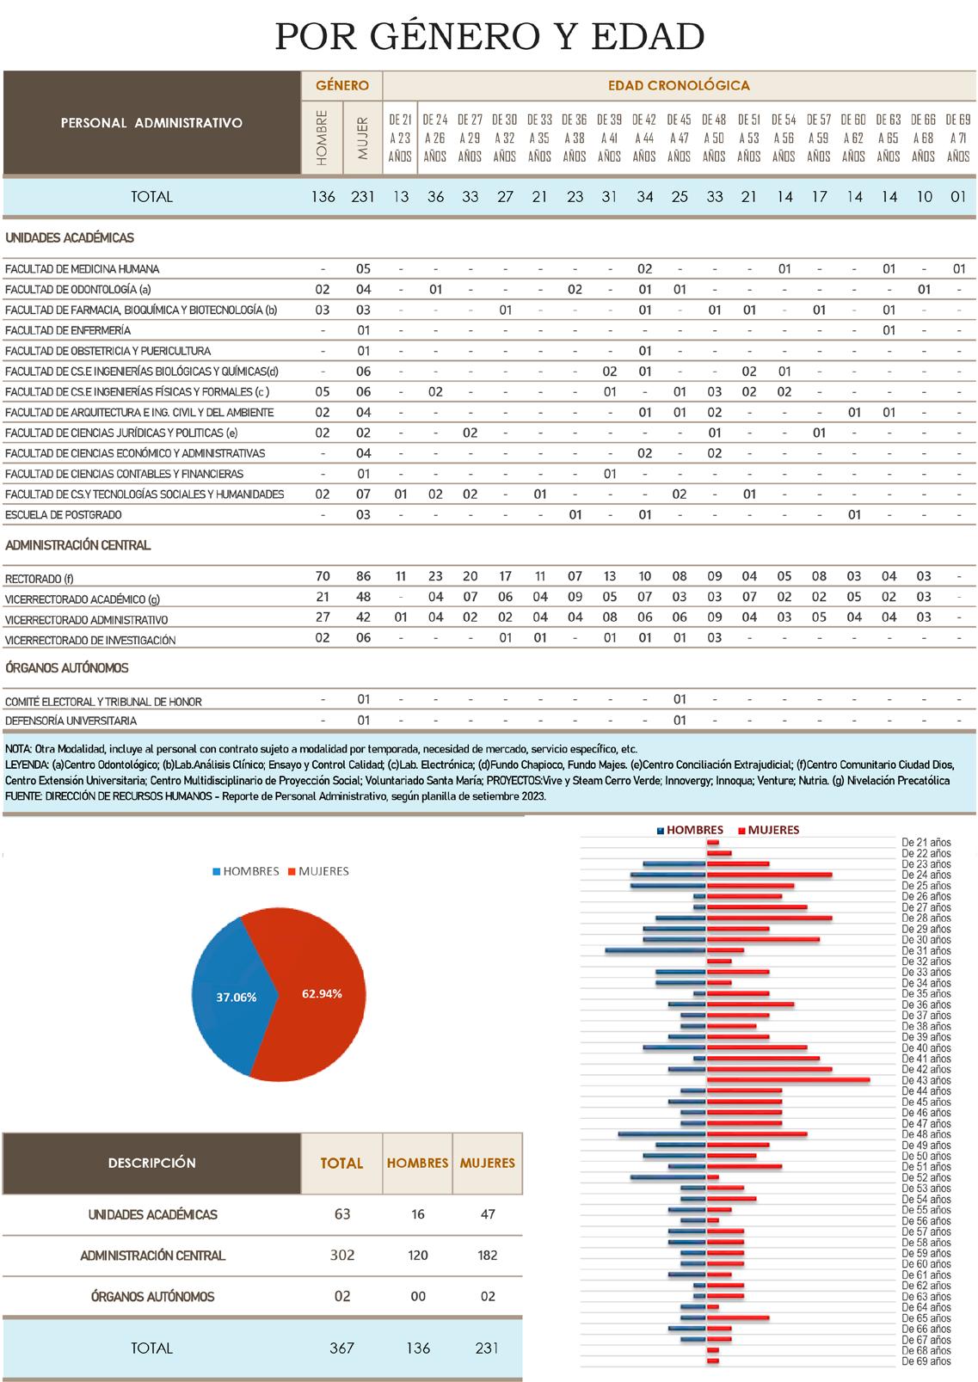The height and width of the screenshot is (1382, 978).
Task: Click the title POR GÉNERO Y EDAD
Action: click(489, 36)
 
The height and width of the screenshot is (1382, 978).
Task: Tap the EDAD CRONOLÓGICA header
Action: click(679, 85)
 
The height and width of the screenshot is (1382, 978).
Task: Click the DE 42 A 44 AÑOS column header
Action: click(644, 138)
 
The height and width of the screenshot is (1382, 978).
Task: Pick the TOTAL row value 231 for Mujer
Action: click(363, 197)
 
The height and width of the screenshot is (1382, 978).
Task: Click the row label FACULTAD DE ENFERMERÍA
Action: click(68, 331)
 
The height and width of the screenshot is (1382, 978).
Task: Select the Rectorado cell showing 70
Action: click(323, 576)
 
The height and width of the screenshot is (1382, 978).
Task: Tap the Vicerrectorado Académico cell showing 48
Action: click(363, 597)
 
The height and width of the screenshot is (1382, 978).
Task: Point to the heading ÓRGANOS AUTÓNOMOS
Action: click(66, 668)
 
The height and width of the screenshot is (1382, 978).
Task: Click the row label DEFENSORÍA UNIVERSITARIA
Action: click(71, 722)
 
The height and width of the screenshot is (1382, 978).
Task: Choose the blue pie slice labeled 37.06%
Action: click(228, 998)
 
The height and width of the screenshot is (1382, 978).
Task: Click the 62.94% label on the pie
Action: click(322, 994)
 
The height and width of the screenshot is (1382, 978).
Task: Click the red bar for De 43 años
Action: click(788, 1079)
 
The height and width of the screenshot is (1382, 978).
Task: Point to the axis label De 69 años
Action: click(926, 1361)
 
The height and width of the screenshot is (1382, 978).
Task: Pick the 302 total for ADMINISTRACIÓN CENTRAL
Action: click(341, 1256)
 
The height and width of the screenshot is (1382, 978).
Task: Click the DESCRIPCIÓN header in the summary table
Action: click(151, 1163)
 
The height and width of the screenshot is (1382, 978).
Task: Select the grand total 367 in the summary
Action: click(341, 1348)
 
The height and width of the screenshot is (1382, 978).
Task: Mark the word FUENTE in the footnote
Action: click(23, 796)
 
